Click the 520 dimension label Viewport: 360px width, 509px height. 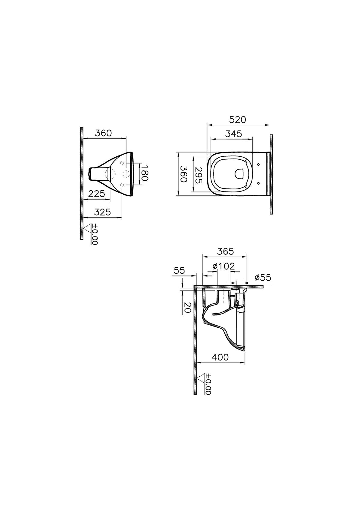coord(237,120)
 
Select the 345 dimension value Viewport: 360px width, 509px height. coord(233,134)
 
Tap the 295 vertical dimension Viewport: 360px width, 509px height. coord(198,175)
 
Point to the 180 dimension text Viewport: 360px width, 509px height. coord(144,173)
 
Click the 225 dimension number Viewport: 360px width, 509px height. coord(97,194)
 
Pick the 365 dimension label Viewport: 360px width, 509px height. coord(225,251)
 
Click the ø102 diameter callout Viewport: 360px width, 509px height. coord(223,266)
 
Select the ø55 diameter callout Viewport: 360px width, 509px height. coord(262,278)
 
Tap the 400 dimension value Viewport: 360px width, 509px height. coord(220,357)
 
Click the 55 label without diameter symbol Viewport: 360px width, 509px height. coord(179,271)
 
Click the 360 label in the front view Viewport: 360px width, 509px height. coord(103,133)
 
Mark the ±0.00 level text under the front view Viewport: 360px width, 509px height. coord(95,234)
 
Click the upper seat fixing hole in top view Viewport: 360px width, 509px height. coord(259,164)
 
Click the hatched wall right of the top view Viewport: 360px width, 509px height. coord(271,174)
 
